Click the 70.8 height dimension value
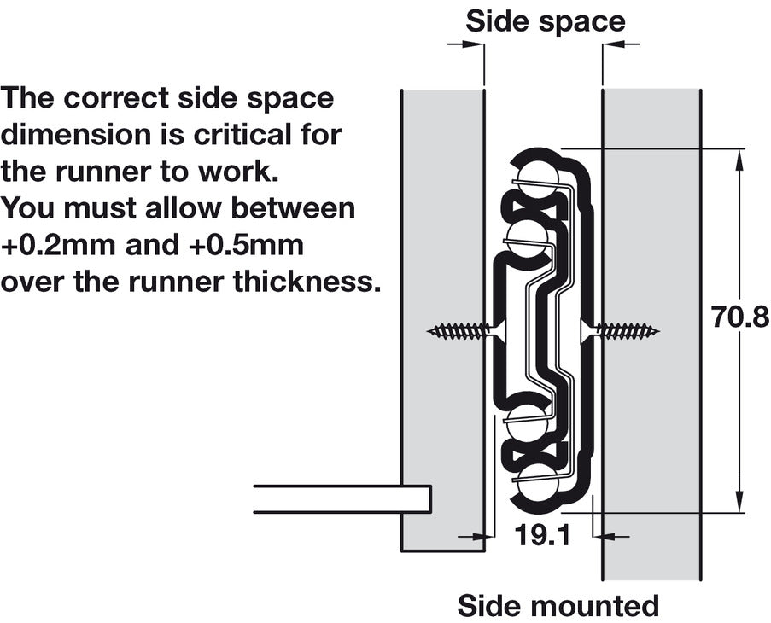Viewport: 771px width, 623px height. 739,317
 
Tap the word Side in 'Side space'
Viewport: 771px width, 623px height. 494,21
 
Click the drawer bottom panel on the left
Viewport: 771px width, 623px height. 342,498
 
